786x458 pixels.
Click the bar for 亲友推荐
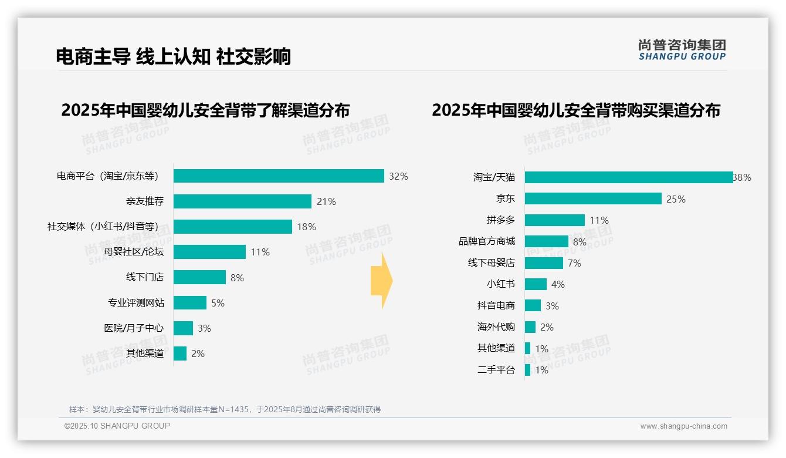(x=242, y=201)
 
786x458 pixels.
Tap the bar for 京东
(x=593, y=198)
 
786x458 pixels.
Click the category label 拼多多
(x=500, y=220)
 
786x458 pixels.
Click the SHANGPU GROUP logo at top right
(x=682, y=50)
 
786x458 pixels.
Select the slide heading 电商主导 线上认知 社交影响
(x=173, y=56)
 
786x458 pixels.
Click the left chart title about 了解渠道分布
(x=205, y=110)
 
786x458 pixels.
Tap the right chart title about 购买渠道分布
(x=576, y=110)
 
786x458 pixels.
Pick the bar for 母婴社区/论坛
(x=209, y=252)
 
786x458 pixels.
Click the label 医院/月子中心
(x=134, y=328)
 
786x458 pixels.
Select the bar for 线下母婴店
(x=544, y=263)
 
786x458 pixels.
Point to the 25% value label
(x=676, y=199)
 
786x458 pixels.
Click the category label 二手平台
(x=496, y=370)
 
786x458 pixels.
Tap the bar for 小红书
(x=536, y=284)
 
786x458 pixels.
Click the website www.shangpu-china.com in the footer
(x=683, y=426)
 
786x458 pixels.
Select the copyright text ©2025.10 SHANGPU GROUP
(x=117, y=426)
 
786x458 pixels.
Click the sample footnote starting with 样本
(x=225, y=409)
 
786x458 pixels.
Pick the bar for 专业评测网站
(x=190, y=303)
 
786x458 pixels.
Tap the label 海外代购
(x=496, y=327)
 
